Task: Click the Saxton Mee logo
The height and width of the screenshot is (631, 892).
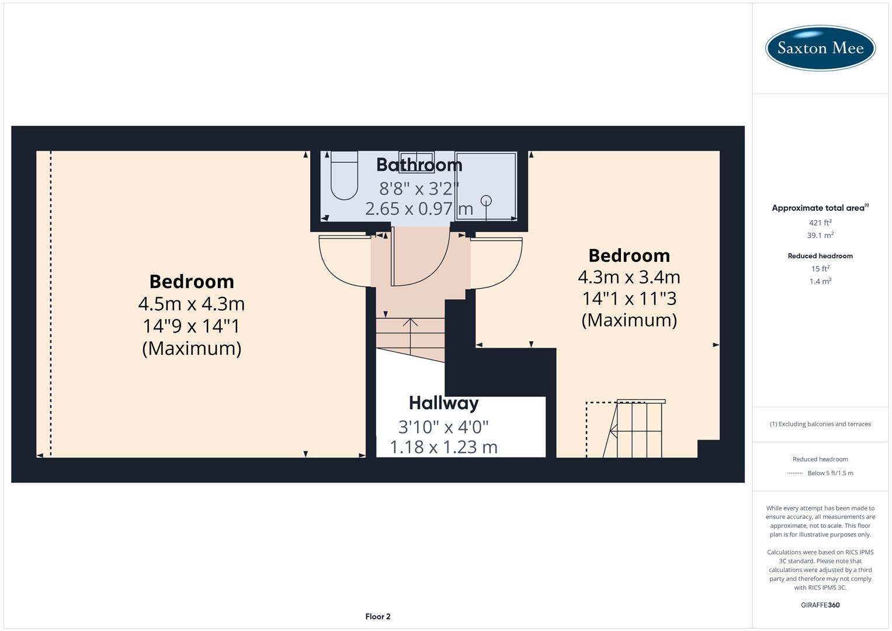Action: tap(820, 48)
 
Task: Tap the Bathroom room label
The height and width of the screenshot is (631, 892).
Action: tap(419, 165)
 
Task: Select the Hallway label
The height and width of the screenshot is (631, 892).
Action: tap(443, 403)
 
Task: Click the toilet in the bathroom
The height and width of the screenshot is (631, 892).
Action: tap(344, 176)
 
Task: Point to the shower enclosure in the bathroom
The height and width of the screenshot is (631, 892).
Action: tap(486, 186)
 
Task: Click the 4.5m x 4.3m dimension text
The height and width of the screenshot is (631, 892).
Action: tap(192, 304)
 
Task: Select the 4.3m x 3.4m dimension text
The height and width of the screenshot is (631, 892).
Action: tap(629, 276)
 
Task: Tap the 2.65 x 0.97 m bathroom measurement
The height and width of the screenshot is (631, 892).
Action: tap(419, 209)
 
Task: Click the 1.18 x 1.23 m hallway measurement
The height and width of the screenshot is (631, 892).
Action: tap(443, 448)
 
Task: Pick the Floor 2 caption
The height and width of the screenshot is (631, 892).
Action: tap(378, 616)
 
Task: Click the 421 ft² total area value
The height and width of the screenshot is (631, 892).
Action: tap(820, 223)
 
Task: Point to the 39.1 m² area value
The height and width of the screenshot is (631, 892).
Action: tap(820, 235)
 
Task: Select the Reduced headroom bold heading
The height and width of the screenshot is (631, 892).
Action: tap(820, 256)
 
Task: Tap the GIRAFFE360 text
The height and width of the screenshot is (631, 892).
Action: tap(820, 605)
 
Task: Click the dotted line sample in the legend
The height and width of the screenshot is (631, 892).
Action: tap(794, 473)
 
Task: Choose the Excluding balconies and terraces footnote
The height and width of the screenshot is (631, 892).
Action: tap(820, 424)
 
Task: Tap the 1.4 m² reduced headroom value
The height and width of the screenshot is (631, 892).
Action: tap(820, 282)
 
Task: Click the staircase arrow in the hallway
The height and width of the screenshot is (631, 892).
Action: tap(411, 336)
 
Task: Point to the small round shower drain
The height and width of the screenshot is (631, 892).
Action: tap(486, 200)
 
